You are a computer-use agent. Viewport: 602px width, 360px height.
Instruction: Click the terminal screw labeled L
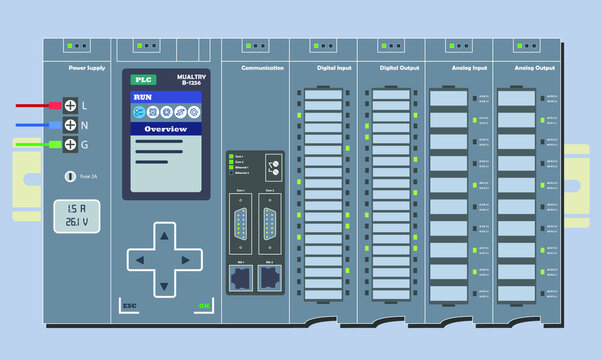pos(70,105)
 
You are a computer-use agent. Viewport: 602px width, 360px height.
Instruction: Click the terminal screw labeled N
pos(70,125)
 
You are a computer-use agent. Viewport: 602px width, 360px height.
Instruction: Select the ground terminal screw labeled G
pos(70,145)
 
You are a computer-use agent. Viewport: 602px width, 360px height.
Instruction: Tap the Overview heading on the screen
pos(166,130)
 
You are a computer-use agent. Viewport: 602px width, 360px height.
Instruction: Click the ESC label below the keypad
pos(129,305)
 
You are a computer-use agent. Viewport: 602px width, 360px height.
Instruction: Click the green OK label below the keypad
pos(204,305)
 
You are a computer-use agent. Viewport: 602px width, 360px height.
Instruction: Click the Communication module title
pos(263,68)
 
